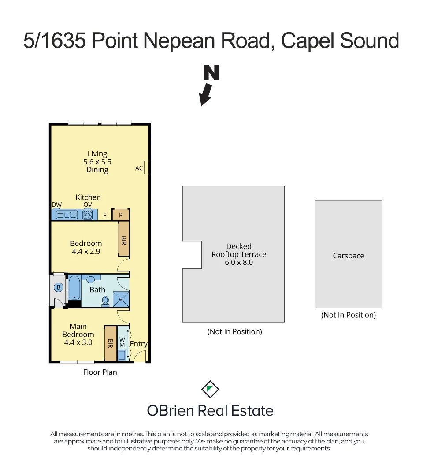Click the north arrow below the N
(x=206, y=94)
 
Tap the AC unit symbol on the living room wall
(x=147, y=167)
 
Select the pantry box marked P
(x=121, y=215)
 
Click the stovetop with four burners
(x=88, y=215)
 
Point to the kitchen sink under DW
(x=67, y=215)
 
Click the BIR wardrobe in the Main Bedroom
(x=110, y=343)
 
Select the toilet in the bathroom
(x=105, y=300)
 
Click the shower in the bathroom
(x=122, y=299)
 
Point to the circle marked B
(x=58, y=287)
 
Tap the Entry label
(x=138, y=344)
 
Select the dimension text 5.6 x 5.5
(x=97, y=162)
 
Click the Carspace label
(x=348, y=256)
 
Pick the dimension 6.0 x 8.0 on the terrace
(x=239, y=263)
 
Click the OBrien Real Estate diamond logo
(x=210, y=389)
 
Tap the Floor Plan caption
(x=100, y=372)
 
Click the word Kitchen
(x=88, y=197)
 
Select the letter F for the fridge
(x=105, y=216)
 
